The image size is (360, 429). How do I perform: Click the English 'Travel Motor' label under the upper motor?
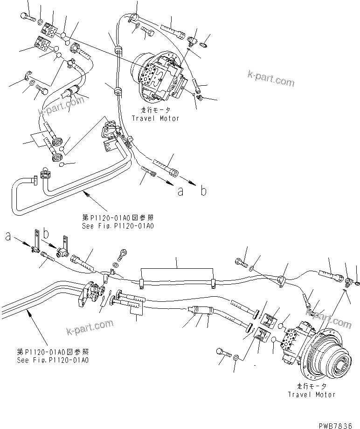click(x=155, y=118)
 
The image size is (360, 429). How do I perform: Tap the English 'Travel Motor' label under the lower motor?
click(x=312, y=394)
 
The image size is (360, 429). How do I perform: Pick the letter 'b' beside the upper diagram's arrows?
click(x=203, y=191)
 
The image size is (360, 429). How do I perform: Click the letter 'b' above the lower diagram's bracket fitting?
click(x=46, y=232)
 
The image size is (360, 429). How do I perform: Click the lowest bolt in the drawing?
click(x=222, y=353)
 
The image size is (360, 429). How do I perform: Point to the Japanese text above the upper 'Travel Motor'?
click(x=155, y=111)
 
